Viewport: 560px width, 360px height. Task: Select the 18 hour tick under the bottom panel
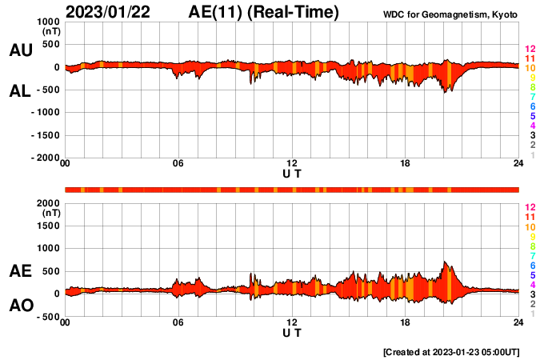(x=405, y=322)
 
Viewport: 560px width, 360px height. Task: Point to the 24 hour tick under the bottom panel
(x=518, y=322)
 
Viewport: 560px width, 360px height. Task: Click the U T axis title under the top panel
(x=292, y=173)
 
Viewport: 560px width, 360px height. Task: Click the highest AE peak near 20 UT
(x=445, y=262)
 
